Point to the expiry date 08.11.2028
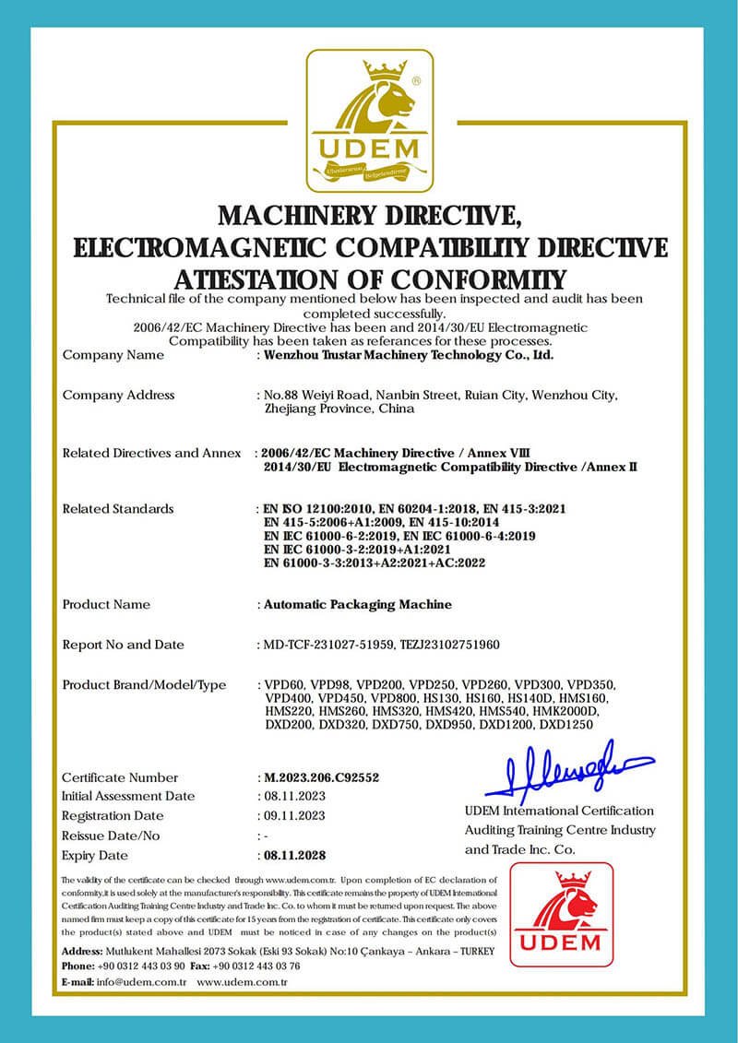(x=294, y=855)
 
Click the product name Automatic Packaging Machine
(x=358, y=605)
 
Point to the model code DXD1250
(x=565, y=725)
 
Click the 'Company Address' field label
(x=118, y=395)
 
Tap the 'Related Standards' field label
(x=117, y=509)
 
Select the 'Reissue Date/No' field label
(x=111, y=836)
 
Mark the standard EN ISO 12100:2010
(x=321, y=509)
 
